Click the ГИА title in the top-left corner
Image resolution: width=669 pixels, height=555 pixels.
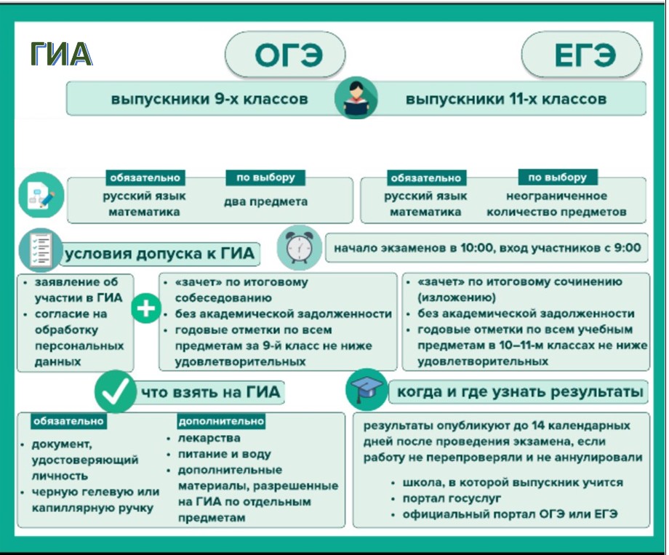[x=61, y=54]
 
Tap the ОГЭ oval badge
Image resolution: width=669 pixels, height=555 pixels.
[x=284, y=55]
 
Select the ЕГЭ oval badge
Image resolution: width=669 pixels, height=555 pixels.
[x=581, y=55]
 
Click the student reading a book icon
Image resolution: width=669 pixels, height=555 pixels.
[x=356, y=98]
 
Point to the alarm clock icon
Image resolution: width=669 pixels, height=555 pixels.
[x=299, y=247]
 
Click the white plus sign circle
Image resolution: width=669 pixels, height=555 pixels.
[x=146, y=308]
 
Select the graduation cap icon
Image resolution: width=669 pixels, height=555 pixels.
[x=366, y=390]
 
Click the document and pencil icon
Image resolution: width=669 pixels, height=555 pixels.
[x=41, y=196]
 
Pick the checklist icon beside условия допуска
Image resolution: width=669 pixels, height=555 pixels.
[x=41, y=250]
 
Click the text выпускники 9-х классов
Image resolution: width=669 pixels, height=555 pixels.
[x=209, y=99]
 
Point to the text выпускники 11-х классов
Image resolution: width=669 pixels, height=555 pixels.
[x=506, y=99]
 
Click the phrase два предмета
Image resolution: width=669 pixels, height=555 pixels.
[x=266, y=201]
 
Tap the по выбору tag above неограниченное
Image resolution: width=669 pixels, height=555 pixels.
[x=558, y=177]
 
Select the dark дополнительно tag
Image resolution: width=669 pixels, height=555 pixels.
[x=221, y=421]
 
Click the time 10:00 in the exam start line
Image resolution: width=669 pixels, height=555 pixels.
[x=476, y=247]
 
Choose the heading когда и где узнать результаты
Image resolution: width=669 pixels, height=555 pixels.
[x=520, y=391]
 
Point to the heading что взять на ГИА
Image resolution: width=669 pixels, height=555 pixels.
[x=211, y=392]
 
